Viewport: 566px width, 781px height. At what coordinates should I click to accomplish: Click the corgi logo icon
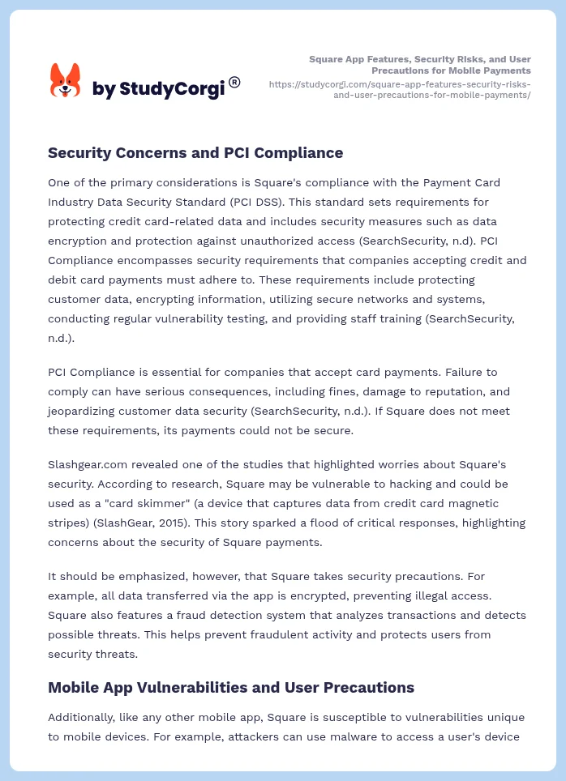click(66, 81)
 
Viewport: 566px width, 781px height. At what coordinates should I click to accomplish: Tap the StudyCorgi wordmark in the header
click(158, 89)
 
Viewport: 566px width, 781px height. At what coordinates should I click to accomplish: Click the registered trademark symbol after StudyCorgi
click(234, 82)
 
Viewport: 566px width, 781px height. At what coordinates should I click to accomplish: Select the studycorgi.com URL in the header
click(399, 89)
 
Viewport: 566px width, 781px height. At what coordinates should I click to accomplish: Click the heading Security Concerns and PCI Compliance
click(195, 152)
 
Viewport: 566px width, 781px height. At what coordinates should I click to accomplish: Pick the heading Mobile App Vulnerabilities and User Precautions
click(231, 687)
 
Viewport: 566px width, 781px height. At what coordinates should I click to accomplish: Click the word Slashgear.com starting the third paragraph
click(86, 464)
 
